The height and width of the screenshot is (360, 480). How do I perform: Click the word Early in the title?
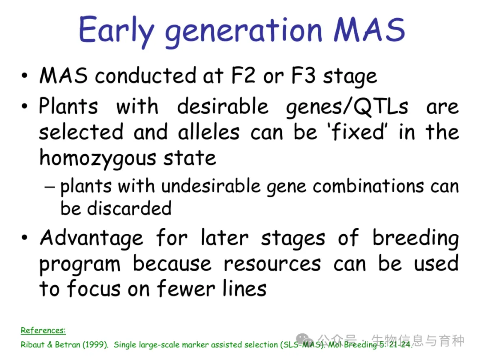pos(116,31)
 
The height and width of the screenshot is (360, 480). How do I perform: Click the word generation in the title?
pos(244,32)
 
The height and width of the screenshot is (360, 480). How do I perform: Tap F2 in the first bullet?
pos(243,75)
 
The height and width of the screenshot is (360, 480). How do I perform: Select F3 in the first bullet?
pos(303,75)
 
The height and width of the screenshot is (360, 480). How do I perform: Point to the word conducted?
pos(145,75)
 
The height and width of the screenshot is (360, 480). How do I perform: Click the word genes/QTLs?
pos(347,108)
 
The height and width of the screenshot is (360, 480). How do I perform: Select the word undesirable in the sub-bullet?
pos(211,186)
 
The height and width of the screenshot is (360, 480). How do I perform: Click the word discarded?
pos(129,208)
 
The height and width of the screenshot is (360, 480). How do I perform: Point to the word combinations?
pos(368,186)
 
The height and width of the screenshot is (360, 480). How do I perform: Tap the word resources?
pos(272,264)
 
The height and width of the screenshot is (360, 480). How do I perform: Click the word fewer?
pos(186,289)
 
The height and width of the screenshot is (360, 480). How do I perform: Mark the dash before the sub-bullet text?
pos(50,186)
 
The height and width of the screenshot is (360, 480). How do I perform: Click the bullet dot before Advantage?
pos(24,237)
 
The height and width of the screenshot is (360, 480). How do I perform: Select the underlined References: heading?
pos(43,330)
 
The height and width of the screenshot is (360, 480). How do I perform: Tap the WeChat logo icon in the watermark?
pos(305,339)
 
